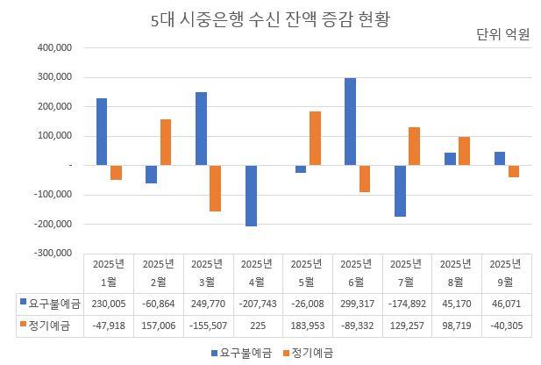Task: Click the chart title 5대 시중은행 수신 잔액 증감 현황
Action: point(270,19)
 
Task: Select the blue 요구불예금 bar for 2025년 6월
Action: point(351,121)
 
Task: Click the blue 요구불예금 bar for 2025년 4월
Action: point(252,196)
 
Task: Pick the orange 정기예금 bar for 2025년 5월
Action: point(315,138)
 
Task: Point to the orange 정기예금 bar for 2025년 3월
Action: point(215,188)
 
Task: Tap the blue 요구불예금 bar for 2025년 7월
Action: point(401,190)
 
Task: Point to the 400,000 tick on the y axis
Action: point(54,47)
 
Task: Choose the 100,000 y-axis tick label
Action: point(54,136)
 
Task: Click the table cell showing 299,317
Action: point(357,304)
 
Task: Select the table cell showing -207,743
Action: point(257,304)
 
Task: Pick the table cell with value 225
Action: point(257,326)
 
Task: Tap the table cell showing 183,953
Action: point(307,326)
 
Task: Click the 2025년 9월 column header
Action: point(506,272)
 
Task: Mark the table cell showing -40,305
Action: point(506,326)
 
